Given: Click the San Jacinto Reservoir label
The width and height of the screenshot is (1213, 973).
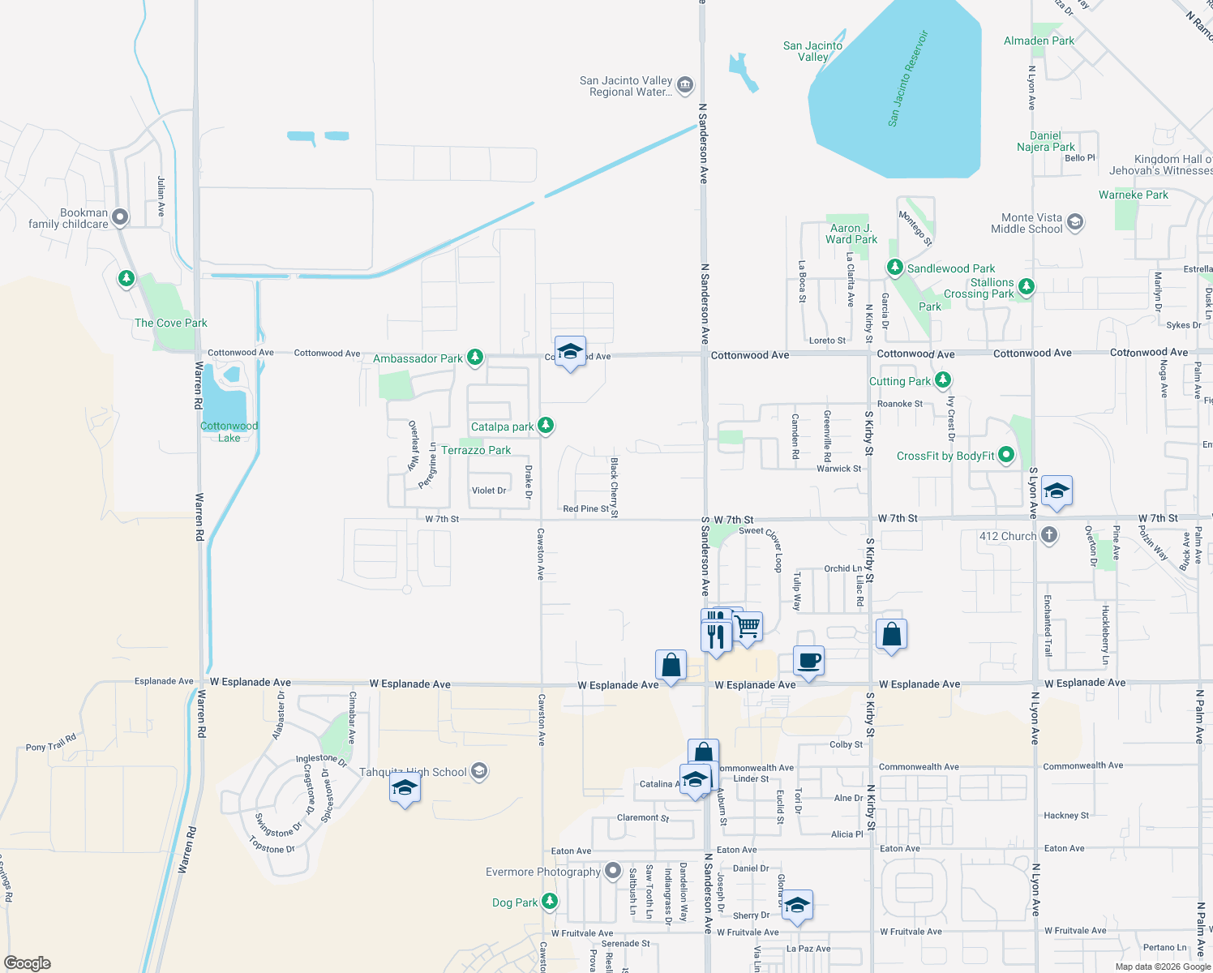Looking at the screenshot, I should tap(907, 79).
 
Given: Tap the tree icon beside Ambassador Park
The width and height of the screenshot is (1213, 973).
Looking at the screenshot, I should tap(475, 357).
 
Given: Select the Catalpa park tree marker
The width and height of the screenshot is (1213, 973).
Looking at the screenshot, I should tap(546, 425).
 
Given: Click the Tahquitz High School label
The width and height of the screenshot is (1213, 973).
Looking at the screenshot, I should tap(413, 772).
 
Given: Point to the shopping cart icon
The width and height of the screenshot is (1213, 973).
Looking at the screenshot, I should tap(747, 626).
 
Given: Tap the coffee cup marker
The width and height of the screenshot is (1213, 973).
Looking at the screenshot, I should tap(808, 660).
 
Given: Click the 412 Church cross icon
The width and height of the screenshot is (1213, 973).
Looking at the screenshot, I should tap(1048, 535).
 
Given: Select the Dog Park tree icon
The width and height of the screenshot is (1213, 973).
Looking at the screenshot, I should tap(550, 901).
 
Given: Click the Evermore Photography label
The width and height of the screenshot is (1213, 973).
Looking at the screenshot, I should tap(542, 872).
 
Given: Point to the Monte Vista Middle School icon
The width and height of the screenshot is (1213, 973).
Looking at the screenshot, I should tap(1075, 221).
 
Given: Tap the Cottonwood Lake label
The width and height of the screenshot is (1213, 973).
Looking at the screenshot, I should tap(229, 431).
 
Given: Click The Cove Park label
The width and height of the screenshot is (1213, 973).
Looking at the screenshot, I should tap(171, 323).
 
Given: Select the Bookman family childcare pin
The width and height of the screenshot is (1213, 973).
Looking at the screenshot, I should tap(120, 216).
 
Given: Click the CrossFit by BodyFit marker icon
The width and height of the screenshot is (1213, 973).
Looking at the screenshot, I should tap(1006, 455).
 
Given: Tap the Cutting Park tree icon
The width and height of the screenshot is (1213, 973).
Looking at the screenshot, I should tap(942, 379).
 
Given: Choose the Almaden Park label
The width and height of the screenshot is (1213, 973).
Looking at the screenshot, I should tap(1039, 41).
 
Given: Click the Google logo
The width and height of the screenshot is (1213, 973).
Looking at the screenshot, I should tap(27, 963).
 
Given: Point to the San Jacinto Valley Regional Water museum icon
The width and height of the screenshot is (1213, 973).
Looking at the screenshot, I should tap(684, 84).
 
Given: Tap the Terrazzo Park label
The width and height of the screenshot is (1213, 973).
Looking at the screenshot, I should tap(476, 450).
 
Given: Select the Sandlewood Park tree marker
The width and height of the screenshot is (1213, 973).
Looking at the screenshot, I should tap(894, 267).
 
